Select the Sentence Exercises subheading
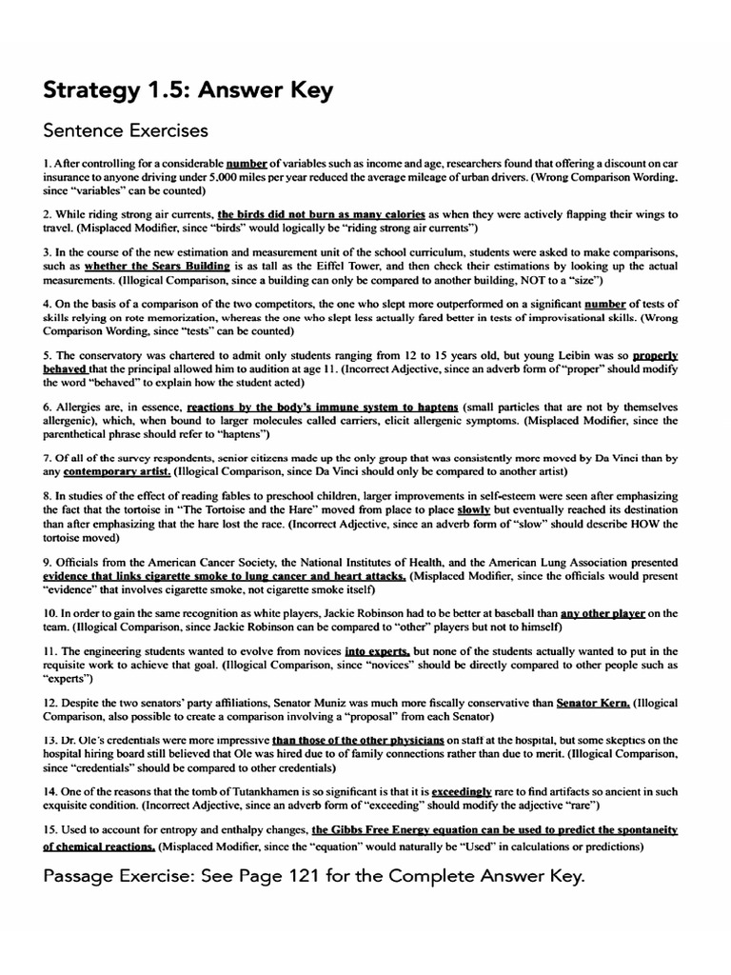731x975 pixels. click(126, 129)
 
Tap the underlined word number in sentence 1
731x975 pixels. click(246, 164)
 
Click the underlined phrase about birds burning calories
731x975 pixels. click(321, 214)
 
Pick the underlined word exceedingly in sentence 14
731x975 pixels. click(462, 791)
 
